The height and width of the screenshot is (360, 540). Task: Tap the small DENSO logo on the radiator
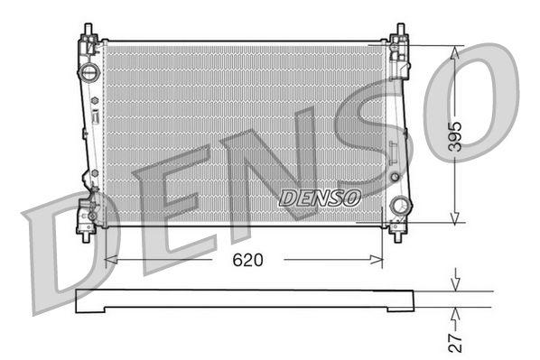pos(321,196)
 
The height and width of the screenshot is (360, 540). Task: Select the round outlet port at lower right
pos(398,207)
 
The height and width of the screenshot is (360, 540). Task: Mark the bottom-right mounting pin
pos(397,232)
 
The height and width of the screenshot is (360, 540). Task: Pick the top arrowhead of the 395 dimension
pos(454,52)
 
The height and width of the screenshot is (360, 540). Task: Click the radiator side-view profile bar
pos(244,300)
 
